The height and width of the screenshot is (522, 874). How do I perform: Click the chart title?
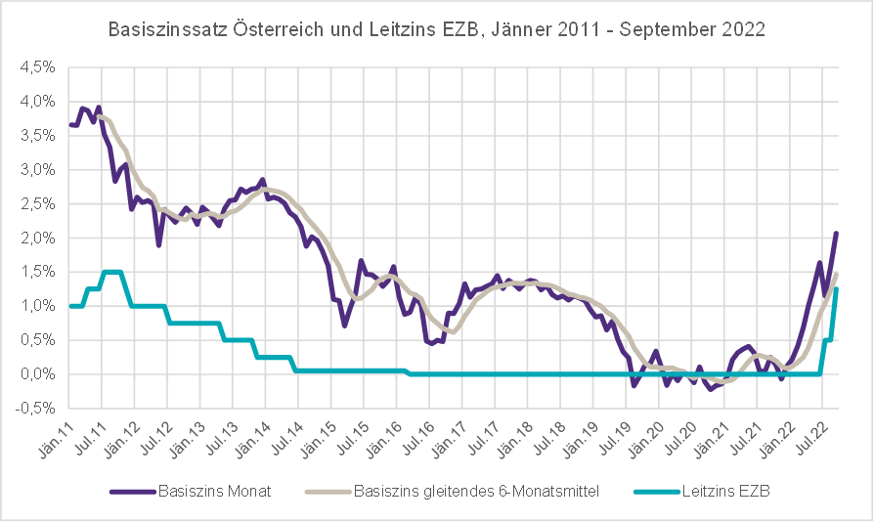point(436,29)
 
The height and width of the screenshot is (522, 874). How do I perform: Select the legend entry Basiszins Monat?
point(214,491)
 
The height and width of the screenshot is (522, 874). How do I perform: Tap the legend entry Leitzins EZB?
point(725,491)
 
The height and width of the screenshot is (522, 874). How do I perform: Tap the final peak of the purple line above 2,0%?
point(837,233)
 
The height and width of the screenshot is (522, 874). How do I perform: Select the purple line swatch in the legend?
point(131,491)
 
